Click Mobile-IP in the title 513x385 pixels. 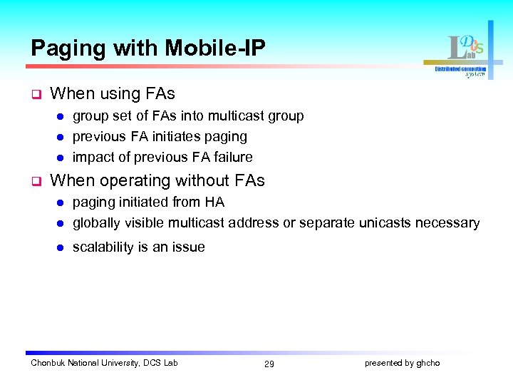(x=215, y=48)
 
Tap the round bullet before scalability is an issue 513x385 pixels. (x=61, y=248)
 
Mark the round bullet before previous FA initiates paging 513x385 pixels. (x=61, y=137)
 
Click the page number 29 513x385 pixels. (x=269, y=364)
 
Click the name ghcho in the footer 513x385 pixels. (x=428, y=363)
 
